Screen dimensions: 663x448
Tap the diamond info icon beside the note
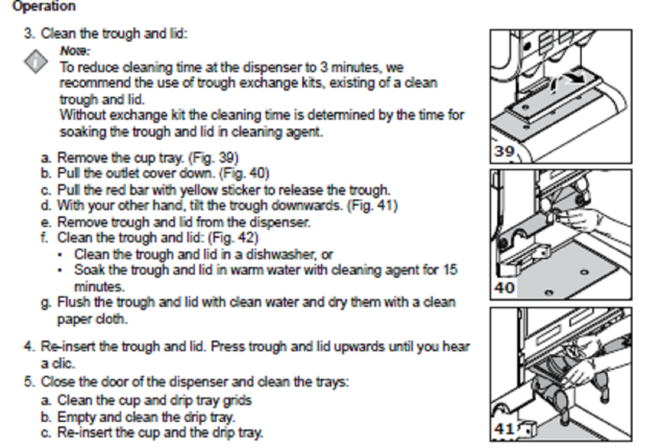(x=36, y=61)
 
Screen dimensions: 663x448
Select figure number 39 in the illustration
(x=504, y=151)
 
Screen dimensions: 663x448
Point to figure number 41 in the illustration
(x=504, y=429)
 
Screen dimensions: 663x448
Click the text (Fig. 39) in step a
(x=213, y=158)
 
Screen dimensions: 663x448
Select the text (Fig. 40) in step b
(x=244, y=173)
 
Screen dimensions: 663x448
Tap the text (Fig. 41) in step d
(x=372, y=206)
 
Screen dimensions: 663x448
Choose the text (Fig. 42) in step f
(x=233, y=238)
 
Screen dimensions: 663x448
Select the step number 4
(x=29, y=346)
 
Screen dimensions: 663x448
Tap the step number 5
(x=29, y=382)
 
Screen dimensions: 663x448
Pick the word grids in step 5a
(x=237, y=401)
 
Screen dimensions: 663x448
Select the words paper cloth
(x=92, y=319)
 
